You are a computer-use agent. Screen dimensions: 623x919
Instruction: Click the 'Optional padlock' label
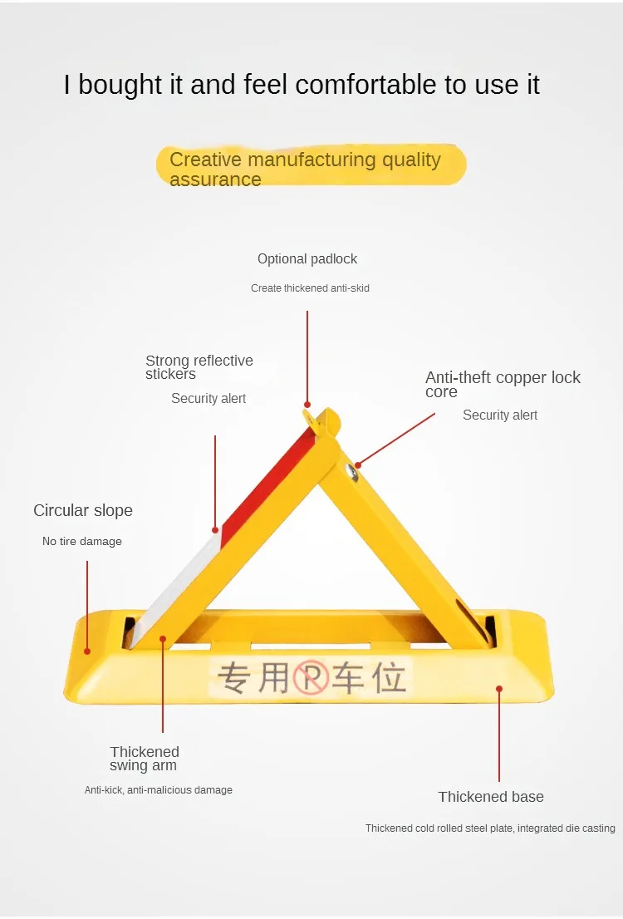307,259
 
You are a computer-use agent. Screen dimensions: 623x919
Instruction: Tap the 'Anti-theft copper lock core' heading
503,384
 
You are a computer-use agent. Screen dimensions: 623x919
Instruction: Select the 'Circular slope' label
82,510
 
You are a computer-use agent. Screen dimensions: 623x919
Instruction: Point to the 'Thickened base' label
491,797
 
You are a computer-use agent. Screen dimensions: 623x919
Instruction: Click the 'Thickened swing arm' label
145,759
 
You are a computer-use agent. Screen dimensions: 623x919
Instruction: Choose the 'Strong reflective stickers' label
199,366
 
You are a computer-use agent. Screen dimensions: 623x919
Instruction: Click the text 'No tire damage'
82,542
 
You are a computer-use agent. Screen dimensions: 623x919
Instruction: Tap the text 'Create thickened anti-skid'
310,288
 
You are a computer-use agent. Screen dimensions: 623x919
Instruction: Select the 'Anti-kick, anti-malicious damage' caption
159,790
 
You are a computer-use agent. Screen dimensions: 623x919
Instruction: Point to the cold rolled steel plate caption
490,828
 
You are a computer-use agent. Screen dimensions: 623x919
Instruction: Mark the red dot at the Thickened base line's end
499,688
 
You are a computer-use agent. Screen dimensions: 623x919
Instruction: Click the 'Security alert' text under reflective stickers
208,399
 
